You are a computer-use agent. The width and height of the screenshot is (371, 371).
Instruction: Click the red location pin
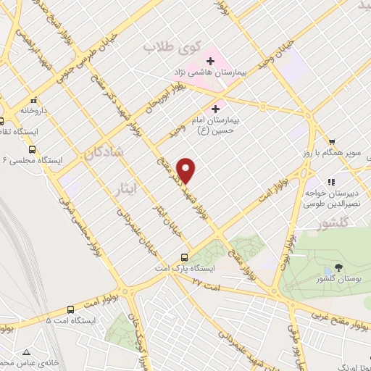tap(187, 170)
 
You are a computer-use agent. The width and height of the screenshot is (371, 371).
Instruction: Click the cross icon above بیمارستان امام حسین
tap(214, 108)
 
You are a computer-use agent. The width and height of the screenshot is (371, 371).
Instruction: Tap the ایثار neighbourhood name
tap(126, 191)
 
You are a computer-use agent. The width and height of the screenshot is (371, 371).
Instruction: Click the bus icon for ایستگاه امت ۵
tap(70, 307)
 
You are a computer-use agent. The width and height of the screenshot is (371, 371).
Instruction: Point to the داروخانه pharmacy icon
tap(33, 101)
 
